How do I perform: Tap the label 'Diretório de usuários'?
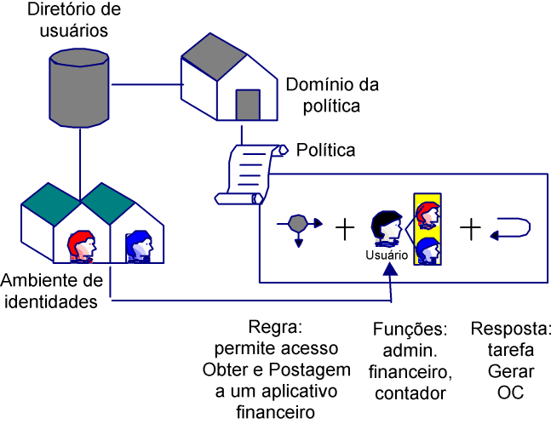(x=68, y=21)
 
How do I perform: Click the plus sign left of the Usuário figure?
(x=344, y=227)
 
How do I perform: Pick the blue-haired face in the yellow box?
(x=427, y=250)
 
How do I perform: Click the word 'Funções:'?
(x=410, y=328)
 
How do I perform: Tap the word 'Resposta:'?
(x=510, y=328)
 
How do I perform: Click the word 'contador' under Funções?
(x=410, y=392)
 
